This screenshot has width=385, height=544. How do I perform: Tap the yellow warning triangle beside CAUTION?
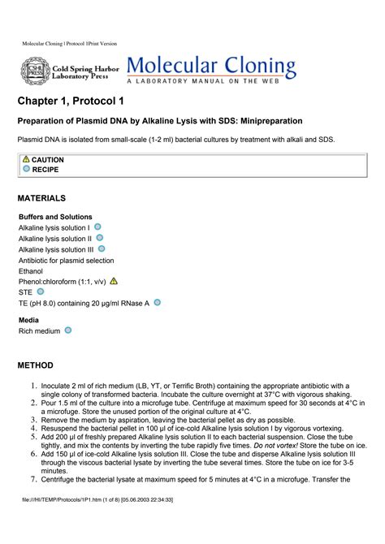26,159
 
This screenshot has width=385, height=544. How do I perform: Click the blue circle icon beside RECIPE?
26,169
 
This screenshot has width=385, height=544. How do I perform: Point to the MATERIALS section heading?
41,198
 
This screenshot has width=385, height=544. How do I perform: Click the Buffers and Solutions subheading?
55,218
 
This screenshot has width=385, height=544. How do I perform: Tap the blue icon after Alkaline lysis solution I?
97,227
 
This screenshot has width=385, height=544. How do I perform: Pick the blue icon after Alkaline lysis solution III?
102,249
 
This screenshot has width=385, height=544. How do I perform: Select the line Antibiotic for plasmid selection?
67,261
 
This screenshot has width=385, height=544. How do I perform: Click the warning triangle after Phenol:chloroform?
114,281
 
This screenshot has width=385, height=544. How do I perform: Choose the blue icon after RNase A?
157,302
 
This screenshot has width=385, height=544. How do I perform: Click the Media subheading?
29,320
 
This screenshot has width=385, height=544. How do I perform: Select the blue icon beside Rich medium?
68,330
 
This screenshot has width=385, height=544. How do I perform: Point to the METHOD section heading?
36,365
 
